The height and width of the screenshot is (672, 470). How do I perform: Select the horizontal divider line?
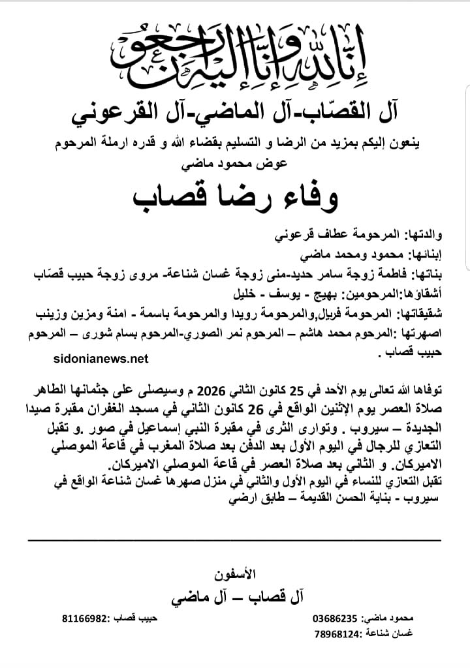235,540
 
